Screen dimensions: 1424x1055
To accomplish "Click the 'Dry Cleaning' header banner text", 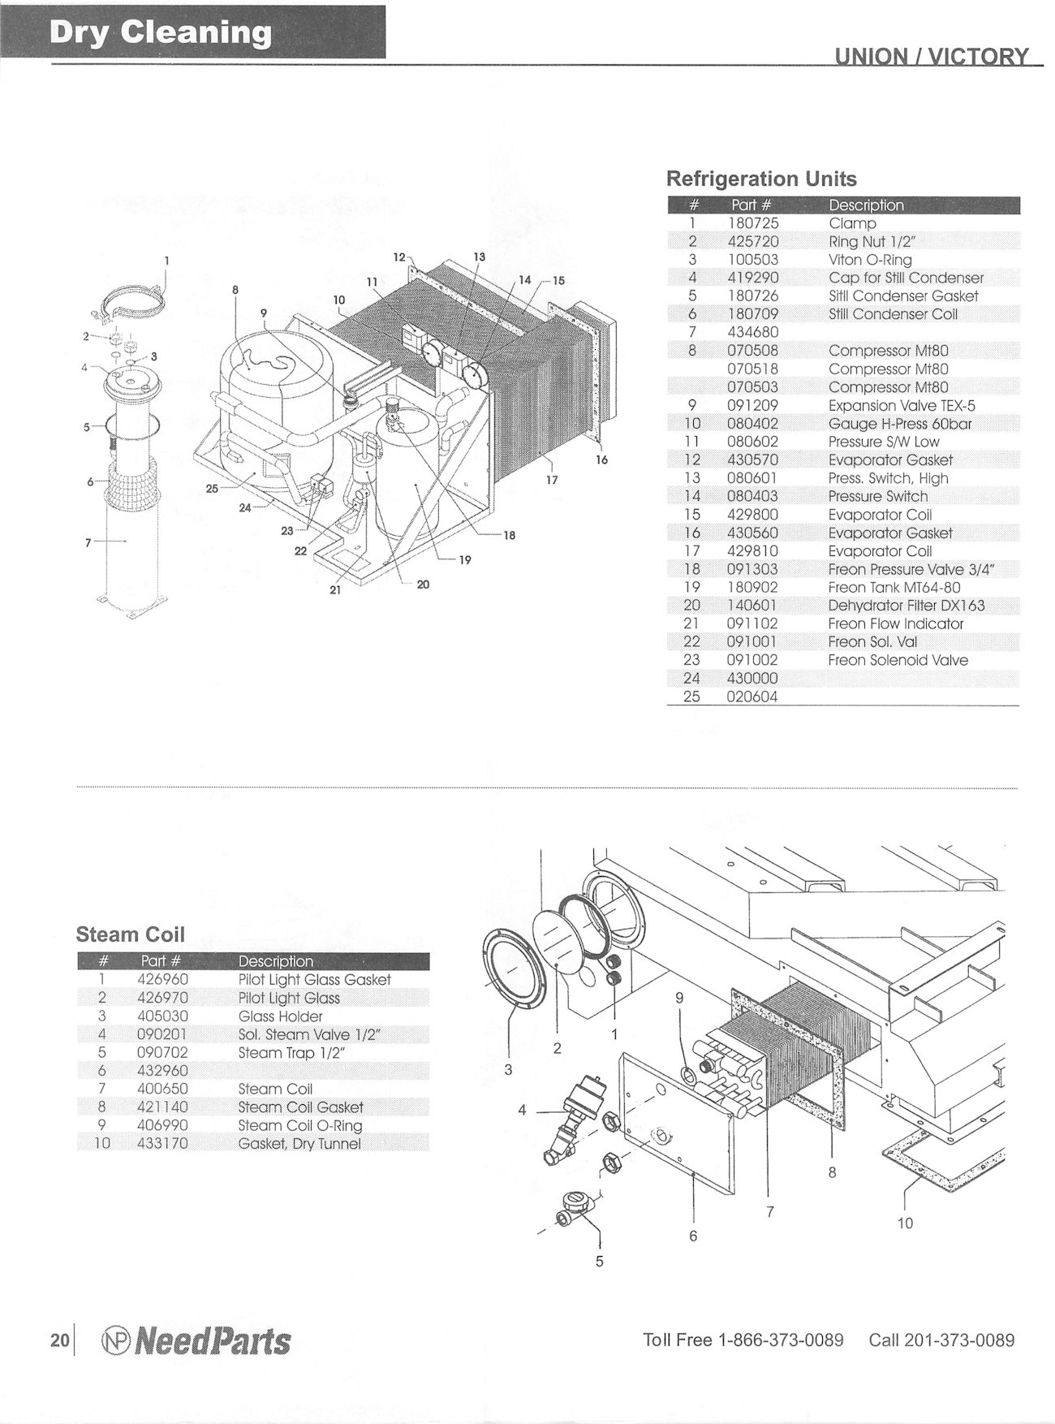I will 161,32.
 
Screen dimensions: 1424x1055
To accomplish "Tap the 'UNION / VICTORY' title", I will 932,57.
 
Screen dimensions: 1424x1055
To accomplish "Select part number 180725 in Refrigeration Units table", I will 754,223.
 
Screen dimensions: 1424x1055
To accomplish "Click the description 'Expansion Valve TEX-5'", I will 902,405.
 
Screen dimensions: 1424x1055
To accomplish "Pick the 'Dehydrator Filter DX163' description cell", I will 906,606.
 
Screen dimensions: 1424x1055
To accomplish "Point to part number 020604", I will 752,697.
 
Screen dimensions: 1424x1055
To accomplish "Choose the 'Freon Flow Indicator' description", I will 895,624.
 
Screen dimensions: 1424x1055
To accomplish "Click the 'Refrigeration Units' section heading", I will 760,179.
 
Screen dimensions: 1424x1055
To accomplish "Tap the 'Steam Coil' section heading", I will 130,934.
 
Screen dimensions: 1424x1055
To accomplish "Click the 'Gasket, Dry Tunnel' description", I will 299,1144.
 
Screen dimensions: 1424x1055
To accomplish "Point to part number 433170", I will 163,1144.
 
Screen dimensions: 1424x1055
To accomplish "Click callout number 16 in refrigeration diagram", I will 601,460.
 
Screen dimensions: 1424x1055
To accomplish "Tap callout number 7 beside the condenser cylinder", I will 88,542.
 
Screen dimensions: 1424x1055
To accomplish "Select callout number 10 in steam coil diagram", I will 905,1223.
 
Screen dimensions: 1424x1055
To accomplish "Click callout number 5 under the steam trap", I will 600,1262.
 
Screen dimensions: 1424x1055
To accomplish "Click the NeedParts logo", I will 195,1340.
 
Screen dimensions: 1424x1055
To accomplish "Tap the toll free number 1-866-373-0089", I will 781,1340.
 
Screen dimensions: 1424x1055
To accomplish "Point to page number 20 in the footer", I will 59,1340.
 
